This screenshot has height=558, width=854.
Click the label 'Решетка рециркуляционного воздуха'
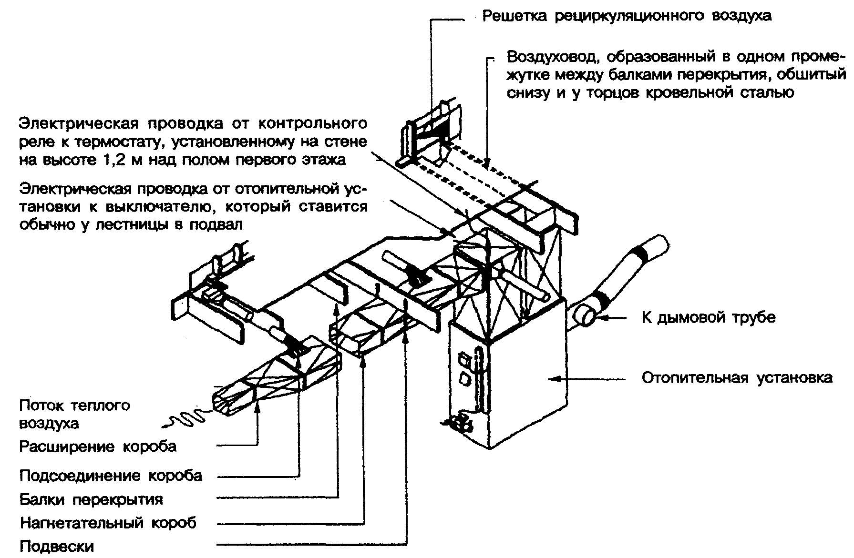tap(627, 16)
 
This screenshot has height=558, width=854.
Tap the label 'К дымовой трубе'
tap(709, 317)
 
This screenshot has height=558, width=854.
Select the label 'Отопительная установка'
tap(737, 378)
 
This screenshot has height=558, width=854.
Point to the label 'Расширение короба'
tap(98, 446)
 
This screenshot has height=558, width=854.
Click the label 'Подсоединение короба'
tap(111, 476)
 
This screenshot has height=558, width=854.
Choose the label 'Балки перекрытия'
tap(91, 499)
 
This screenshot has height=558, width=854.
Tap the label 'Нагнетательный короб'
tap(108, 523)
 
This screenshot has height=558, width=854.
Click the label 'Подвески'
tap(57, 546)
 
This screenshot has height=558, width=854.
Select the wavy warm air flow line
tap(186, 420)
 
